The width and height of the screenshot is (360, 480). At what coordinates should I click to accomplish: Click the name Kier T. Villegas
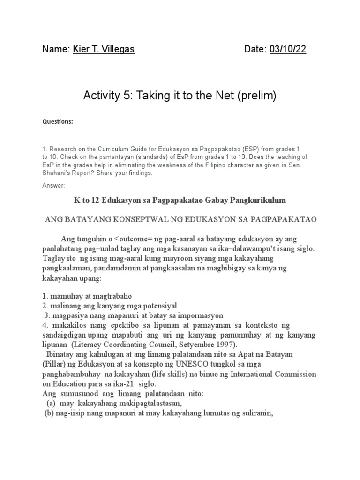(104, 49)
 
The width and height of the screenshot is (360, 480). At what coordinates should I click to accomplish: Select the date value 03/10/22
(287, 49)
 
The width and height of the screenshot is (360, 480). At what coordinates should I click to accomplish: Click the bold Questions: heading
(58, 121)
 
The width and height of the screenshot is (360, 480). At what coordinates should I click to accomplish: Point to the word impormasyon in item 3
(197, 315)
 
